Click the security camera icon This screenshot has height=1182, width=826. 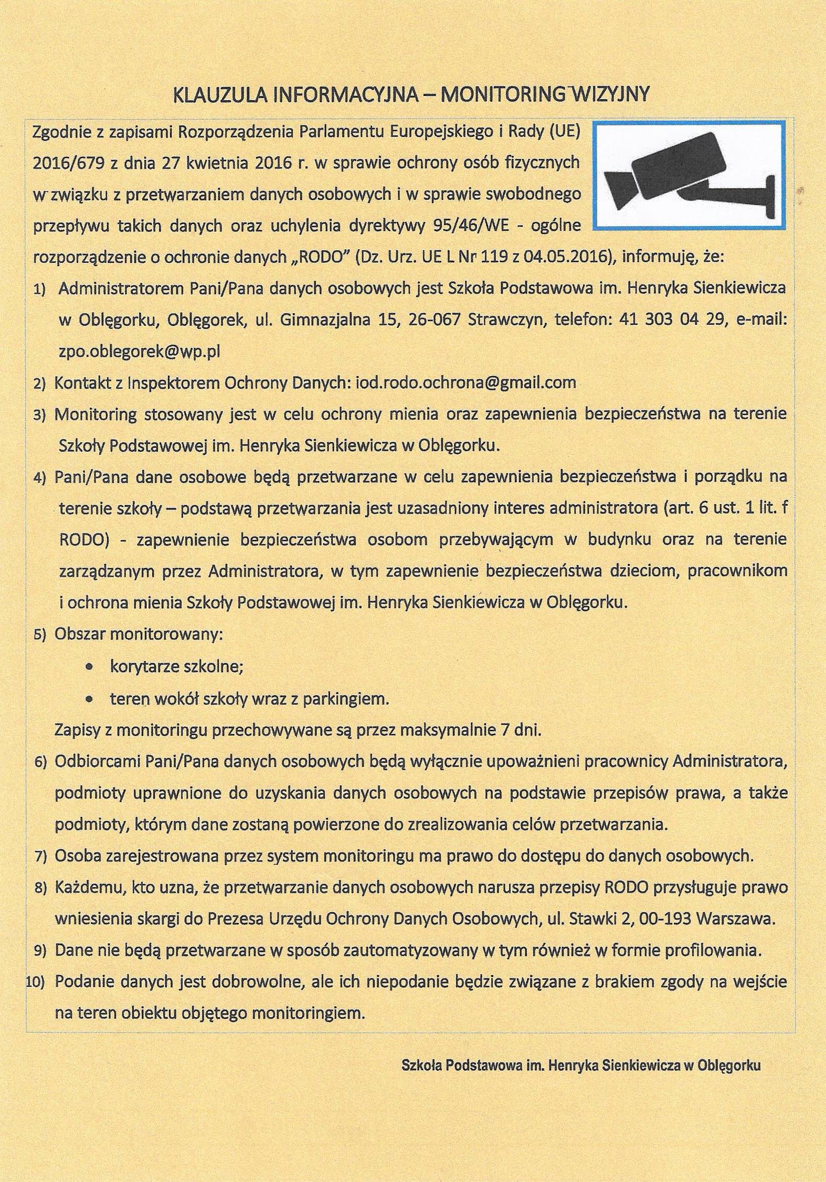coord(690,176)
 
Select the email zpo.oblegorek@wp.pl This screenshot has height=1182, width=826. coord(139,352)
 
